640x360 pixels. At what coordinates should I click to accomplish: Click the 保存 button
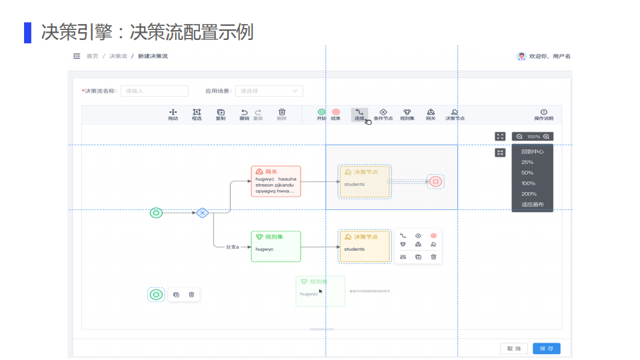(546, 348)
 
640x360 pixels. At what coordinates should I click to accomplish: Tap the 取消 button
(513, 348)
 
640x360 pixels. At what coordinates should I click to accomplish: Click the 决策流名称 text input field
(154, 91)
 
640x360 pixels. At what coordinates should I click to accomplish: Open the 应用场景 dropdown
(269, 91)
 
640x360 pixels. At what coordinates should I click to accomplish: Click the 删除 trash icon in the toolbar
(281, 113)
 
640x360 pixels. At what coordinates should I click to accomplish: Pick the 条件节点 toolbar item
(383, 113)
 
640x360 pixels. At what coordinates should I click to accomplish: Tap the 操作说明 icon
(543, 113)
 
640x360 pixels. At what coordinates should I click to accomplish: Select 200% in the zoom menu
(529, 194)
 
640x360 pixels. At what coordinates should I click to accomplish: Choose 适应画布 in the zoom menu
(532, 205)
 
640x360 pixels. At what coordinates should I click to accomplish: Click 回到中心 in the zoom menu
(532, 151)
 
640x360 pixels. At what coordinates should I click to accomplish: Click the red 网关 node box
(275, 181)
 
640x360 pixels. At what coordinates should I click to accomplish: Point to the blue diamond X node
(203, 213)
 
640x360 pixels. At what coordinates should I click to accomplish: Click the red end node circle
(435, 181)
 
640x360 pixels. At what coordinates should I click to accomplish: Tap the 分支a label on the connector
(232, 247)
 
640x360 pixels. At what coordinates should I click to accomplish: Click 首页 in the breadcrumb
(92, 56)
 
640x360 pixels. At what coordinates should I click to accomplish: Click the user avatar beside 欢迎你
(521, 56)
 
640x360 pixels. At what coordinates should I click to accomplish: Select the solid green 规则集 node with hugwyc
(275, 247)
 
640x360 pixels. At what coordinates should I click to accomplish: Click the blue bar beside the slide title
(27, 32)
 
